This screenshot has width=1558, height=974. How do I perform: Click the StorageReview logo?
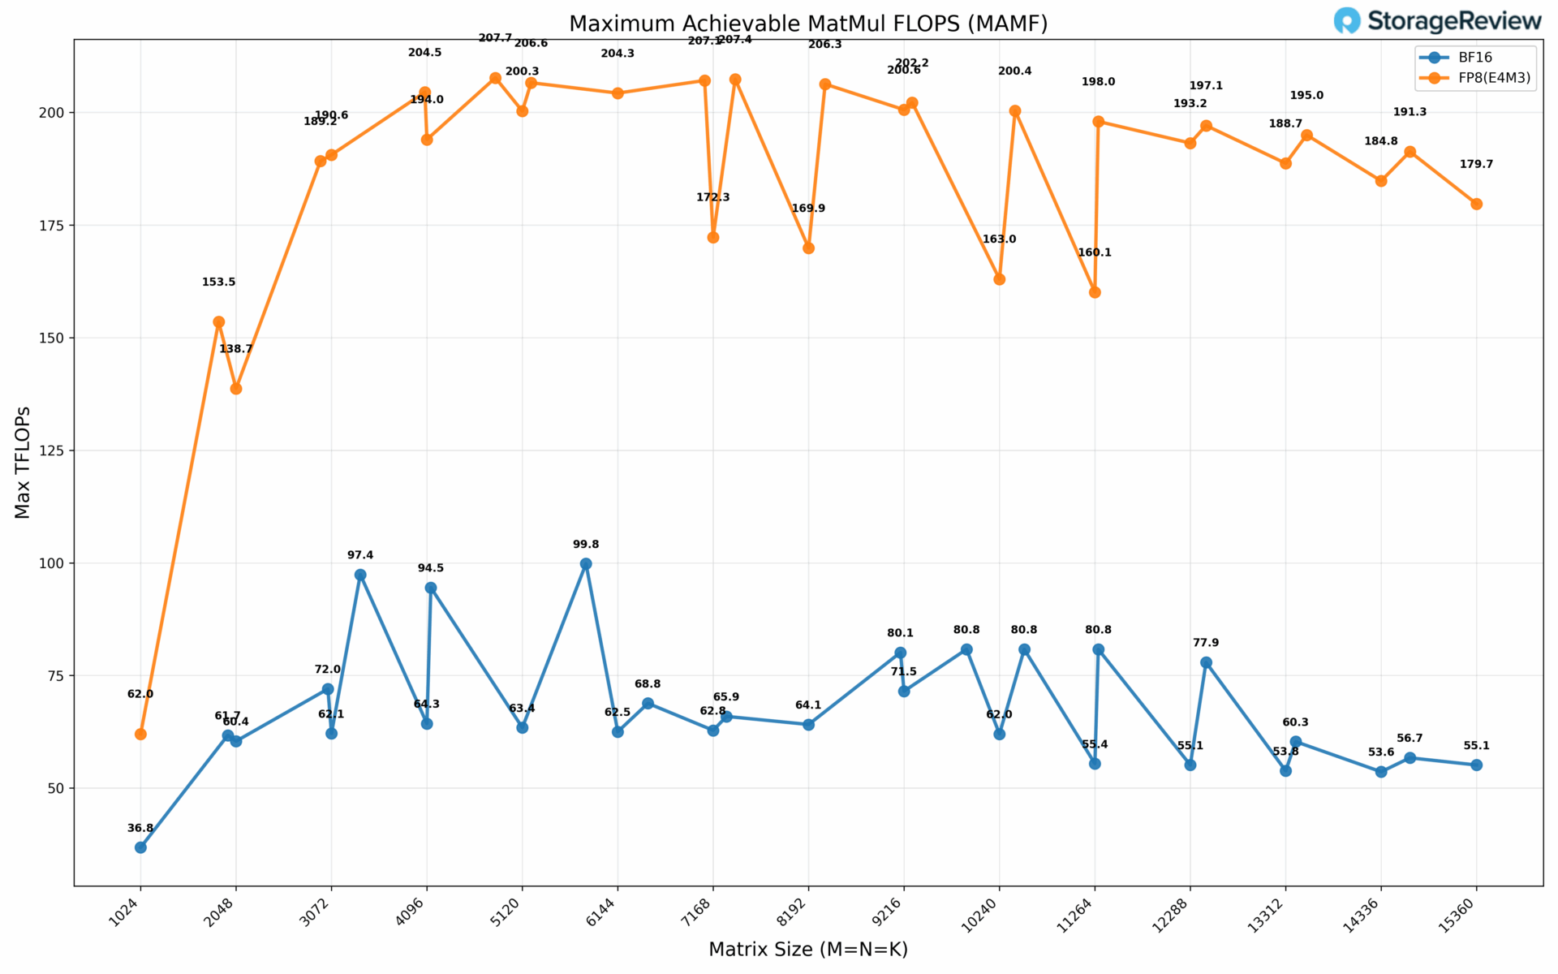coord(1436,20)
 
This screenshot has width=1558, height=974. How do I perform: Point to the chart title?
coord(807,24)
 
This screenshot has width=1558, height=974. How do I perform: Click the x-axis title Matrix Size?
coord(807,949)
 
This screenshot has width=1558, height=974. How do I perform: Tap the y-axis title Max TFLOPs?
coord(23,462)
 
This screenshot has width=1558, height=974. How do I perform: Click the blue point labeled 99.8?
coord(586,564)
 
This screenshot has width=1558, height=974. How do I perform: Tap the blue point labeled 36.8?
coord(140,847)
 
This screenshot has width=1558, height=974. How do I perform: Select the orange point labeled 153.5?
coord(218,322)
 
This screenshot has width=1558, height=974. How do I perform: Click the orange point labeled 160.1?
coord(1095,292)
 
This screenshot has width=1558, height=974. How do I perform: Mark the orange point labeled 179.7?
coord(1476,205)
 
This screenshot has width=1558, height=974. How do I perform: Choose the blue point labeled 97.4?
coord(360,575)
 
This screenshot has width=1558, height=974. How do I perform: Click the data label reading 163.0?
coord(999,239)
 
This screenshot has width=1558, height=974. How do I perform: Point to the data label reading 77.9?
coord(1206,643)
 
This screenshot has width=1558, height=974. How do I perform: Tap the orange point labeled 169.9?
coord(808,248)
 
